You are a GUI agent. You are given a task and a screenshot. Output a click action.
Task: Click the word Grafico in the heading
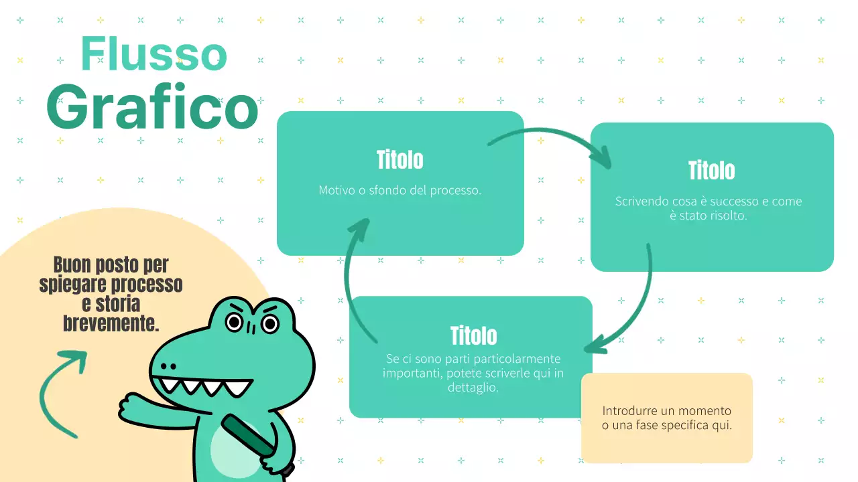[x=152, y=107]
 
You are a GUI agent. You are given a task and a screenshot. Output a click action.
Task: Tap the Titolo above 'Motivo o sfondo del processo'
[x=400, y=161]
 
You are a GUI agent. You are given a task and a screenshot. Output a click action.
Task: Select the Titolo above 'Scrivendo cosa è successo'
[x=712, y=171]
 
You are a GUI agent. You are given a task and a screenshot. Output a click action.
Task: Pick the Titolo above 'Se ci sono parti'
[x=473, y=335]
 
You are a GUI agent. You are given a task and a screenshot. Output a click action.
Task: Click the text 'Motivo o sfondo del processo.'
[x=400, y=190]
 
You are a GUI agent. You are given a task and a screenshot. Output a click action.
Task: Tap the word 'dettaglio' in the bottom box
[x=473, y=387]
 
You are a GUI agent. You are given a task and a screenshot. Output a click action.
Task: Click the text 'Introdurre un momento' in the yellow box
[x=666, y=410]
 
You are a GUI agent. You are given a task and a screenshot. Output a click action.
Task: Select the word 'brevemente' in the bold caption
[x=111, y=325]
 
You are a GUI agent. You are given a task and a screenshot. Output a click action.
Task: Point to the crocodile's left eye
[x=234, y=322]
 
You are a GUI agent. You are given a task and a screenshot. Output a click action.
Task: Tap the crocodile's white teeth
[x=201, y=386]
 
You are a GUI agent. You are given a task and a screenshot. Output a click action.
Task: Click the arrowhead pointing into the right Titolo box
[x=601, y=159]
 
